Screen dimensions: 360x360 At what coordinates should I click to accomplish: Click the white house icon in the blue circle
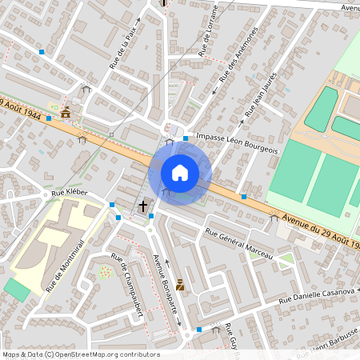180,172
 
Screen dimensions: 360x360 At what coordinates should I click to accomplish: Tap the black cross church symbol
143,206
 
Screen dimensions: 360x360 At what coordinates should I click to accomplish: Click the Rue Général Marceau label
238,244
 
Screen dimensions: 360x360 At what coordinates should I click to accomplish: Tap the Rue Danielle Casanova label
317,294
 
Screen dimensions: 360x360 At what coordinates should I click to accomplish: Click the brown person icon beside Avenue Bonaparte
180,284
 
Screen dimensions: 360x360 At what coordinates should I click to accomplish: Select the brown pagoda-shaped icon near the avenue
66,113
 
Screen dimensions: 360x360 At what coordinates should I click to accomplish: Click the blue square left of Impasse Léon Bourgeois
186,138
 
